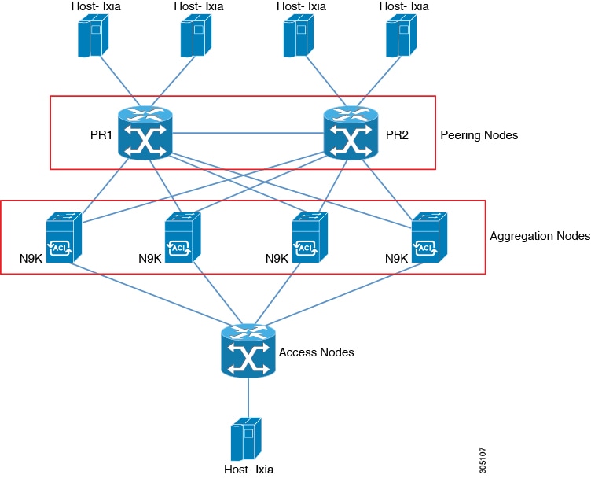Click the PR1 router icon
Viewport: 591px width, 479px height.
pyautogui.click(x=145, y=134)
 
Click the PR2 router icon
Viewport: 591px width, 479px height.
pyautogui.click(x=351, y=134)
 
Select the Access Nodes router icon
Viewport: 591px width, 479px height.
pyautogui.click(x=248, y=352)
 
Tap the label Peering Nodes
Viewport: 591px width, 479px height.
pyautogui.click(x=479, y=135)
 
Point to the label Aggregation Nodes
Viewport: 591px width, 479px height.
pyautogui.click(x=539, y=235)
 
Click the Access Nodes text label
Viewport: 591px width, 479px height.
pyautogui.click(x=316, y=352)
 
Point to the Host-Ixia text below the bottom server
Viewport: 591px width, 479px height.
pyautogui.click(x=248, y=470)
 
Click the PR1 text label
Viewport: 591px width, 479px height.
pyautogui.click(x=101, y=135)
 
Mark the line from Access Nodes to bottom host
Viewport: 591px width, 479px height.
pyautogui.click(x=248, y=397)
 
